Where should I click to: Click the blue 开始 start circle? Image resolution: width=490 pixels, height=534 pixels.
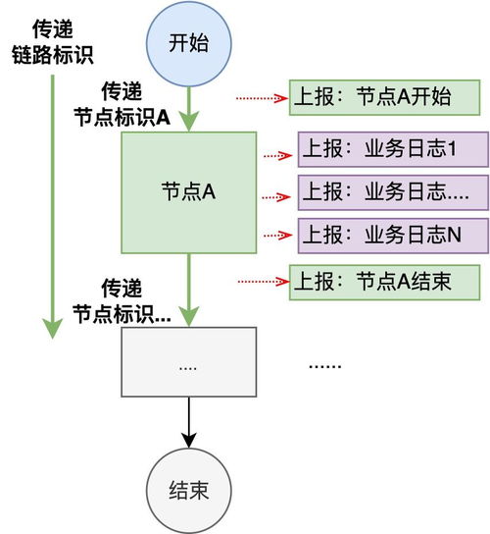coord(189,44)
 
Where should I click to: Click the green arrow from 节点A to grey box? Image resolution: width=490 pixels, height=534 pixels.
coord(189,290)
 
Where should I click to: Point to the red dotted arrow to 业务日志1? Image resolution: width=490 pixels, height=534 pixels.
coord(277,154)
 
